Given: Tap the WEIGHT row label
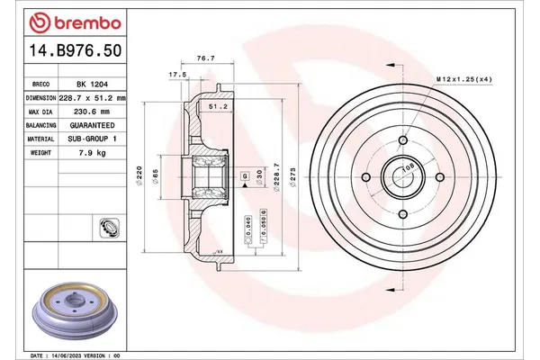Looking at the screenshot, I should [41, 153].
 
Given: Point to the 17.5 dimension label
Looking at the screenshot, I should [177, 75].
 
